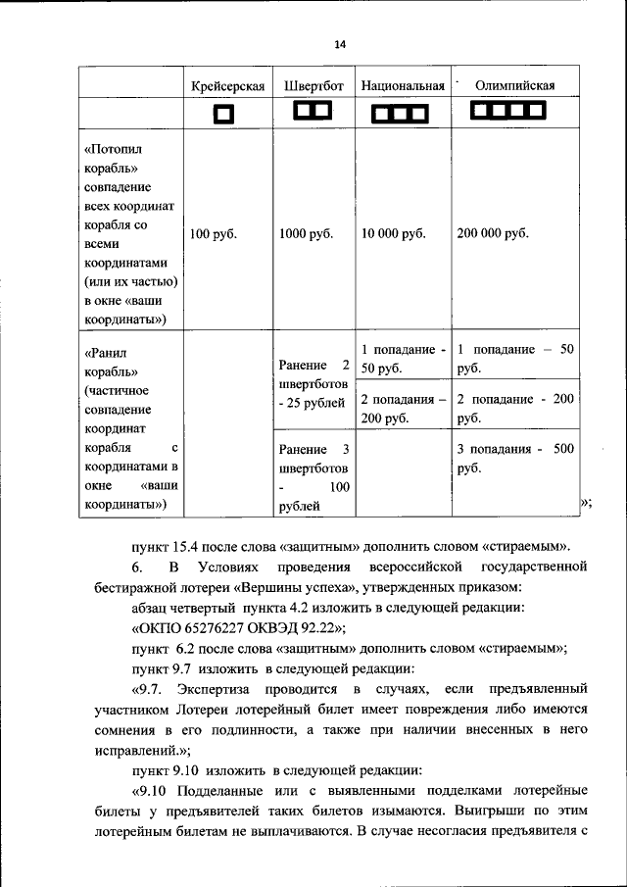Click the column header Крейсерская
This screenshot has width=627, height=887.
pyautogui.click(x=227, y=86)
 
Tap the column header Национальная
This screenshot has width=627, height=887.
pyautogui.click(x=403, y=86)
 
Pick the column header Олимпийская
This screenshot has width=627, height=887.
pyautogui.click(x=514, y=86)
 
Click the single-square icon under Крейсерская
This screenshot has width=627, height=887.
pyautogui.click(x=224, y=116)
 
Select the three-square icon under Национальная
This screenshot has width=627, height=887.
pyautogui.click(x=401, y=116)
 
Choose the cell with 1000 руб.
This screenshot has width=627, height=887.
pyautogui.click(x=307, y=233)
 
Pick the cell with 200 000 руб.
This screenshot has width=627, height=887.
pyautogui.click(x=492, y=233)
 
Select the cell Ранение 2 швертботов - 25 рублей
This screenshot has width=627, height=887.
pyautogui.click(x=313, y=384)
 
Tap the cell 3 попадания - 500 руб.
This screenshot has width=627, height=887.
pyautogui.click(x=514, y=458)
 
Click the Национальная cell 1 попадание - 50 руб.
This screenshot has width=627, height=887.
pyautogui.click(x=403, y=359)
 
